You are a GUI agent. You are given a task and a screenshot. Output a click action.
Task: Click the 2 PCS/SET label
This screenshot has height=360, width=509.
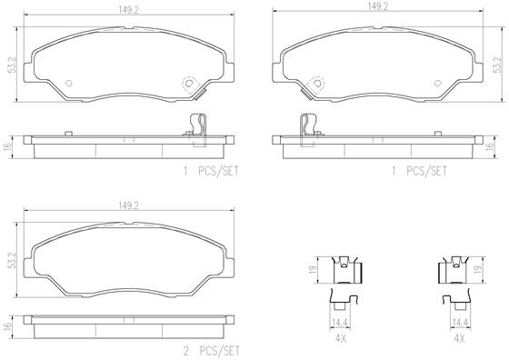[211, 351]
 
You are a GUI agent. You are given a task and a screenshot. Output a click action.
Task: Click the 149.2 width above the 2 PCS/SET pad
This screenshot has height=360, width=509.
[128, 205]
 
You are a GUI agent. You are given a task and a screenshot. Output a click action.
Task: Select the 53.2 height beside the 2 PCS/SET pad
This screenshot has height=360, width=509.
[12, 259]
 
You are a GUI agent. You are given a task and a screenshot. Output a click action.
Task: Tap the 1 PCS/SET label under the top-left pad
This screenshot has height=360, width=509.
[211, 171]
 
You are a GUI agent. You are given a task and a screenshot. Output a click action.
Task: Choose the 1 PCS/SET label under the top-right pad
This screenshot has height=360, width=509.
[419, 171]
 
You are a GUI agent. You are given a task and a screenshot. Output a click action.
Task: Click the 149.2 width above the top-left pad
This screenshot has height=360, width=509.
[128, 10]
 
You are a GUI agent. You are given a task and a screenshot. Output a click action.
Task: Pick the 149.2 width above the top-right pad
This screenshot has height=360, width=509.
[378, 6]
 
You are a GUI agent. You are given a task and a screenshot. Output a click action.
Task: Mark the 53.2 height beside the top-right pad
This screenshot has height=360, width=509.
[496, 65]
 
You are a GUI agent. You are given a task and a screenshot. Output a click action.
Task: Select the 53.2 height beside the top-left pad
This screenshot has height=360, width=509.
[12, 65]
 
